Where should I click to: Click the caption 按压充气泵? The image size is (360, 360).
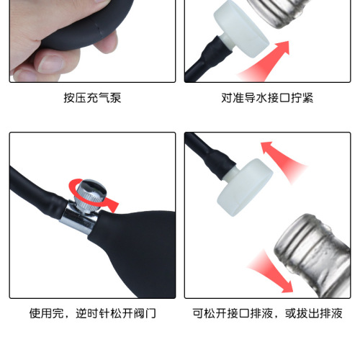click(92, 97)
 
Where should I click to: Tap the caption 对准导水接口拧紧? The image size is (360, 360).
click(267, 97)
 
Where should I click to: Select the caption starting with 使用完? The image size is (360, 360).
click(92, 314)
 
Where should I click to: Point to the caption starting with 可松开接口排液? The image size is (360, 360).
click(267, 314)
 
